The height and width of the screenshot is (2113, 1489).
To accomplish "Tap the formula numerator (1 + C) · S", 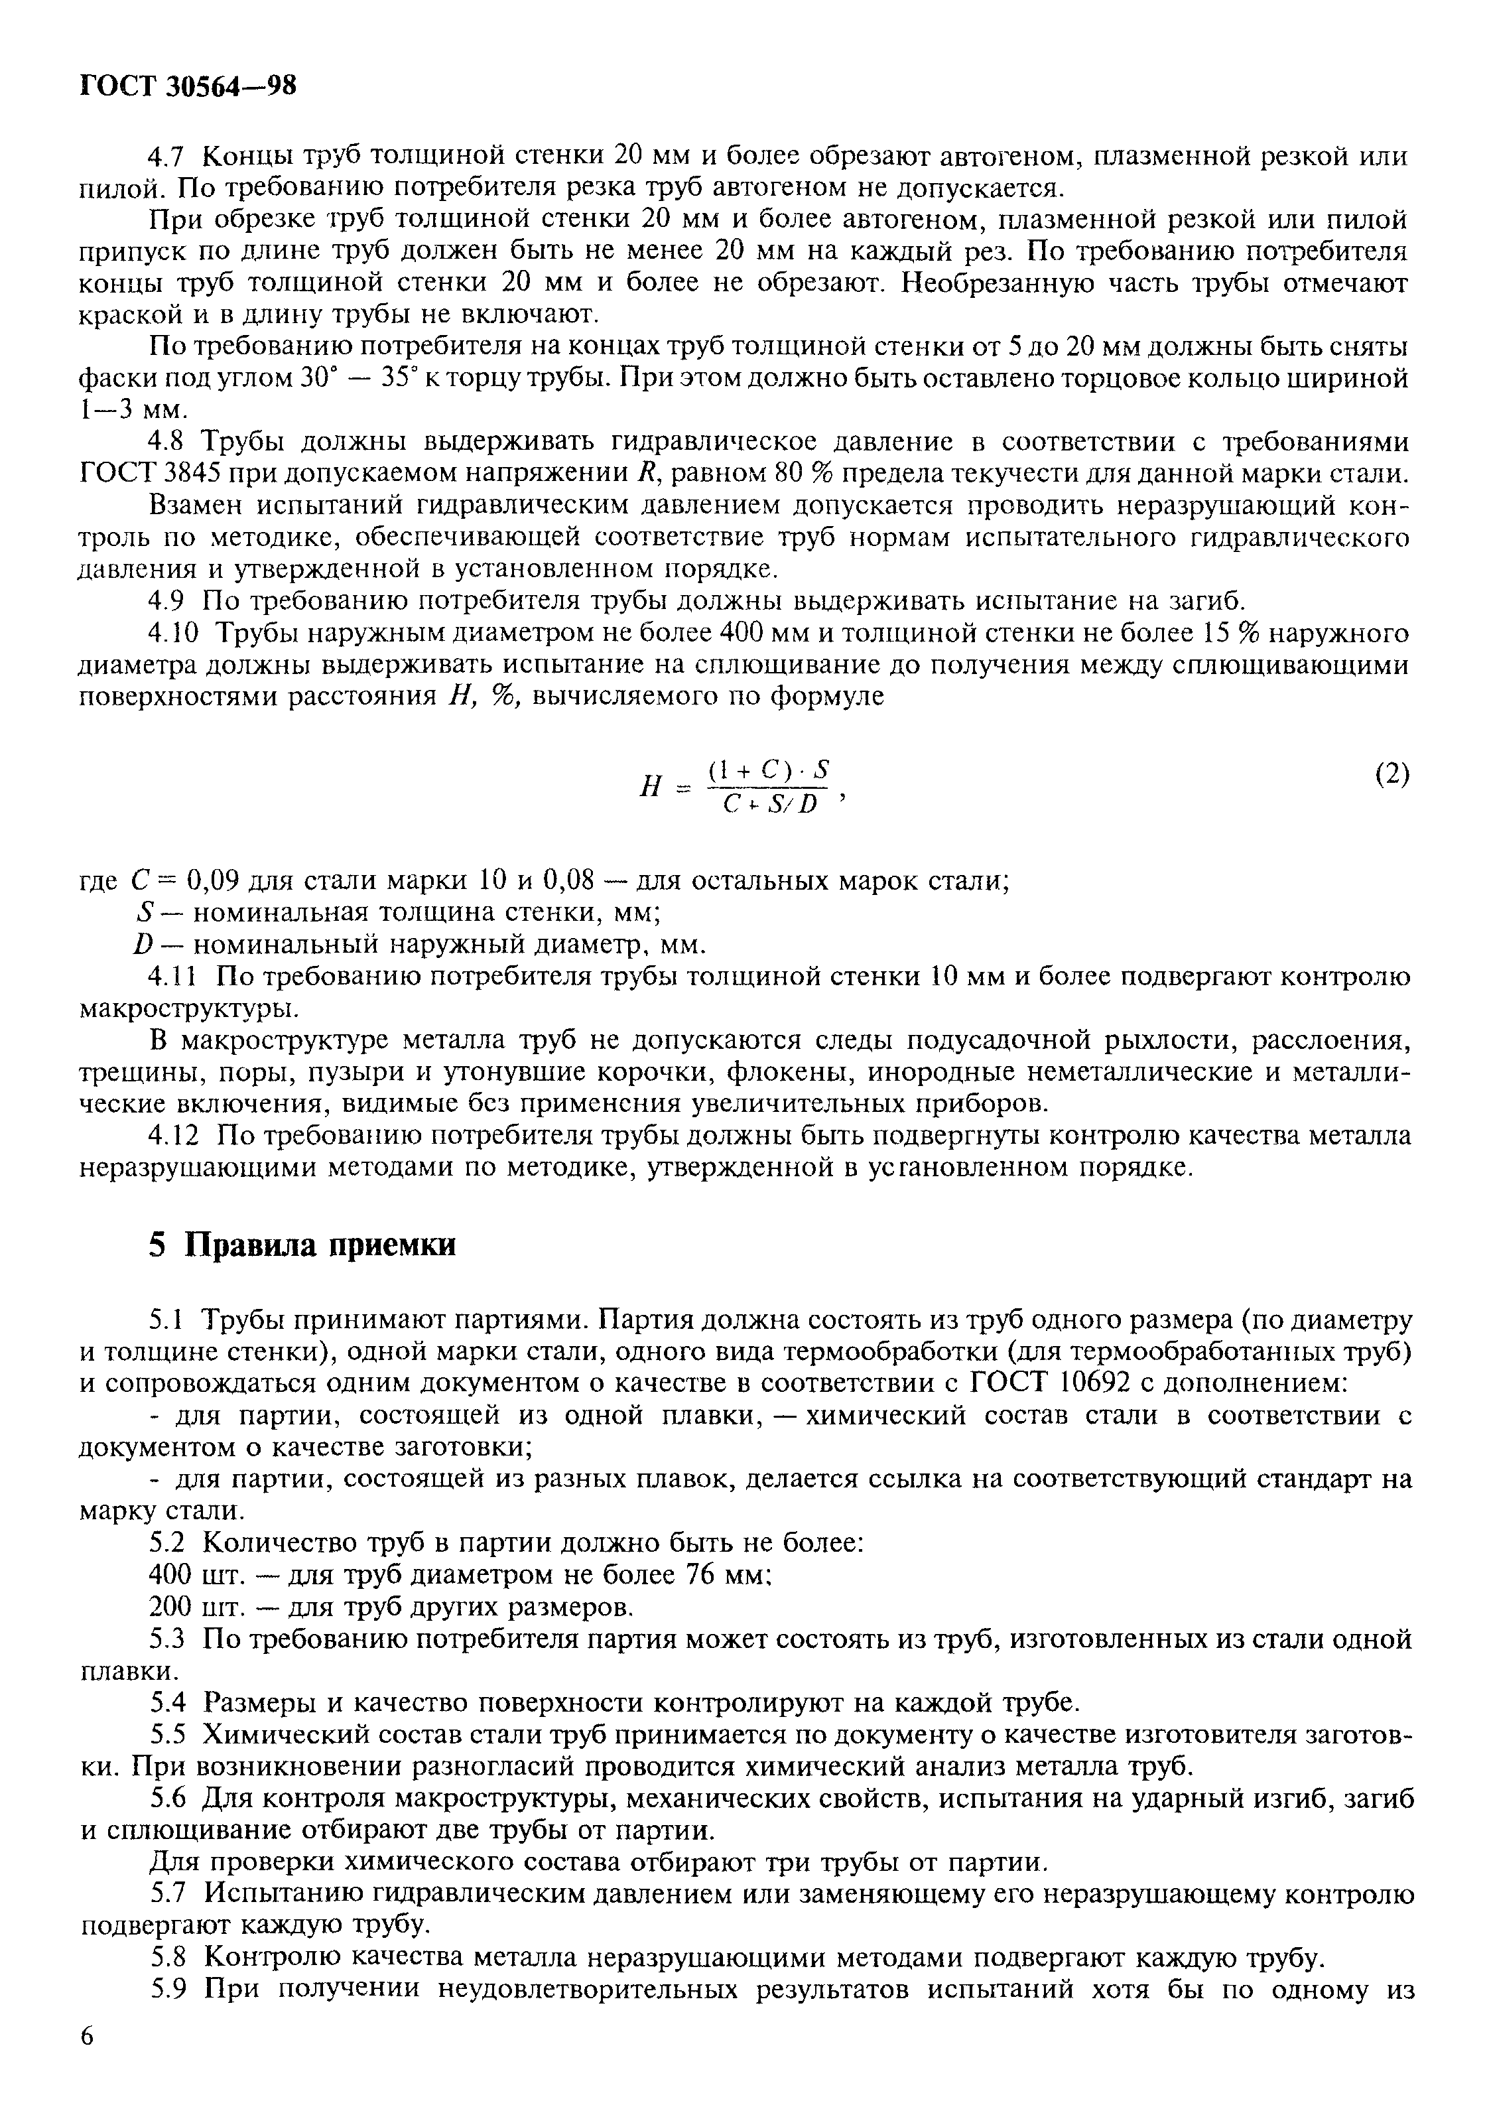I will [x=769, y=770].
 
